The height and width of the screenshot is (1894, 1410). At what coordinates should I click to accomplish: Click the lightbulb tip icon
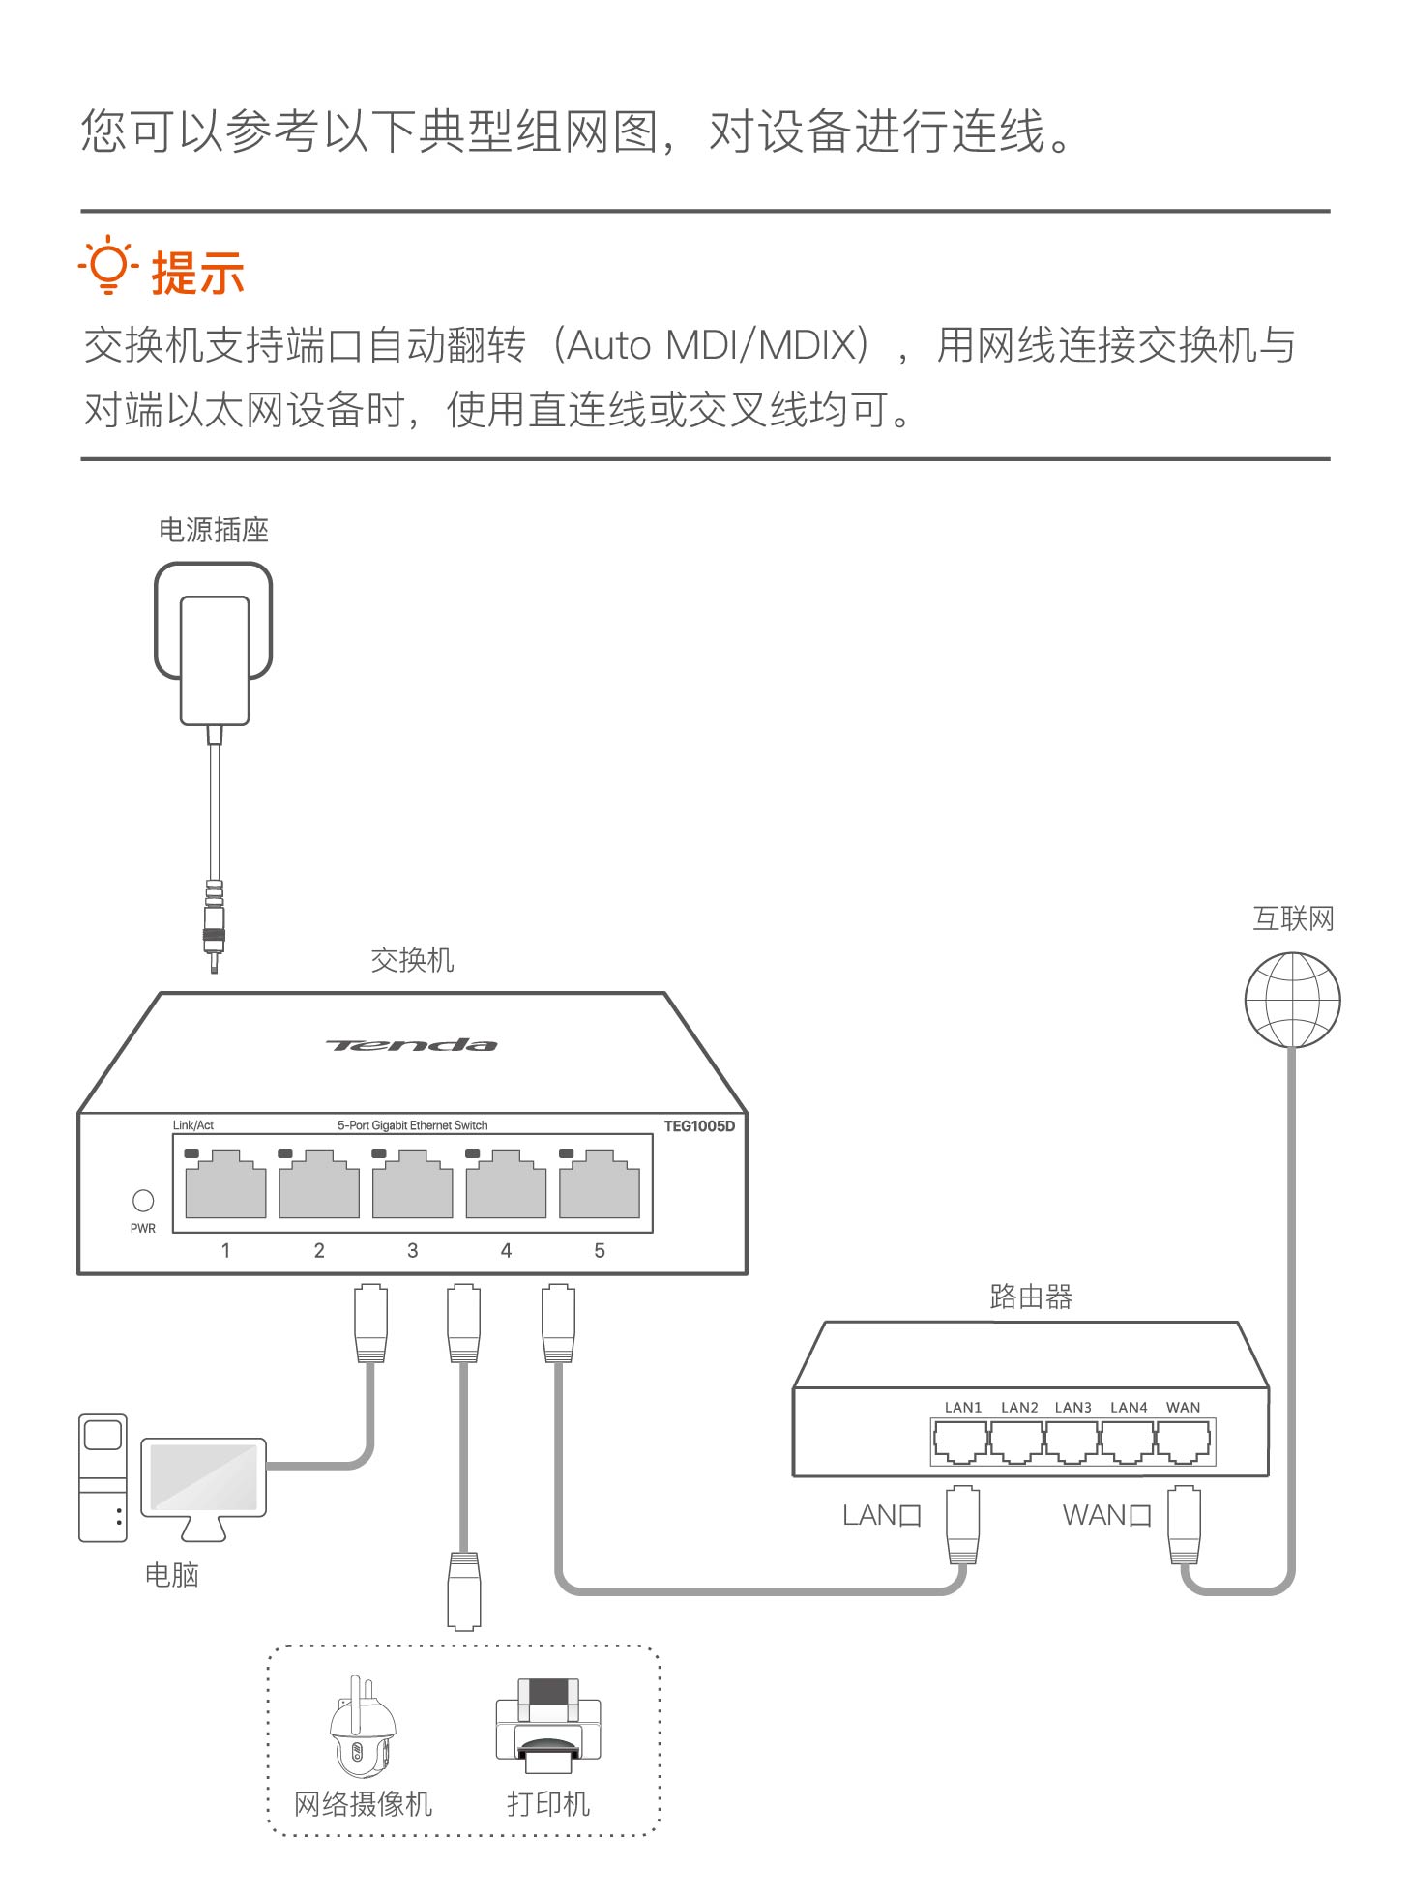coord(108,266)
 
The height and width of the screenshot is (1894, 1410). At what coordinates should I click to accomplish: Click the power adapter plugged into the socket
coord(215,657)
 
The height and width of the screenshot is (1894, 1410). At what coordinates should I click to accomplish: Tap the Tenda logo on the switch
coord(412,1045)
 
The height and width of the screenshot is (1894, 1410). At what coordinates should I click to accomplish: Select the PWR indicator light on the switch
coord(143,1201)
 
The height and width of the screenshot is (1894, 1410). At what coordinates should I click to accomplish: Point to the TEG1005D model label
coord(699,1126)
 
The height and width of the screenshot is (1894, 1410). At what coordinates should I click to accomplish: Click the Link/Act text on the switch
coord(193,1125)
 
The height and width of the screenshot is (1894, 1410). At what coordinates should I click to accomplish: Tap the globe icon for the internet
coord(1292,1000)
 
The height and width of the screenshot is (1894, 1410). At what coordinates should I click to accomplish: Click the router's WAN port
coord(1184,1443)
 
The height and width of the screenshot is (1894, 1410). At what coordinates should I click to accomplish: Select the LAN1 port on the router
coord(961,1443)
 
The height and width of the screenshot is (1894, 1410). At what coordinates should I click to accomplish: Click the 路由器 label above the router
coord(1031,1297)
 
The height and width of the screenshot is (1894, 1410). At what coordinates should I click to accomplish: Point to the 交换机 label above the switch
coord(412,960)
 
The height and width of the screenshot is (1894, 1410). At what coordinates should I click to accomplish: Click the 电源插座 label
coord(214,530)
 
